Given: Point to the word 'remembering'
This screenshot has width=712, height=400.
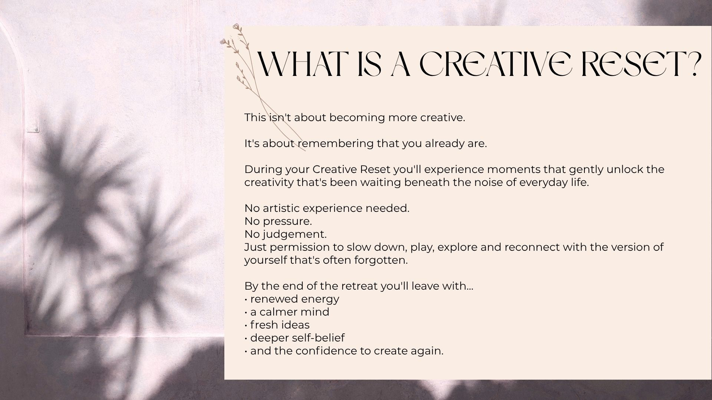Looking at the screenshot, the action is (335, 143).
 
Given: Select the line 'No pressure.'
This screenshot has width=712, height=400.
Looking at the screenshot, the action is (278, 221).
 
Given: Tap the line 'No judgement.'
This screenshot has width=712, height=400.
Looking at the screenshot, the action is (286, 234).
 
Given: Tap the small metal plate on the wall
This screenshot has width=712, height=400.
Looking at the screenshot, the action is (33, 129).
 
